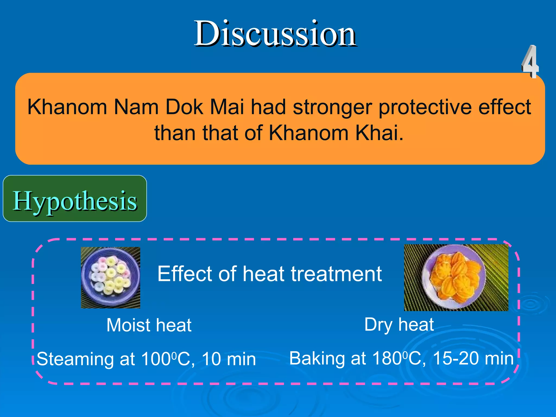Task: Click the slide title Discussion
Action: [x=275, y=34]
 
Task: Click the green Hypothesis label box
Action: [x=75, y=199]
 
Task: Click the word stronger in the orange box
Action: [x=332, y=108]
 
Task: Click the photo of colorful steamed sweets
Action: [x=110, y=277]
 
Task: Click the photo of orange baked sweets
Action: [x=456, y=277]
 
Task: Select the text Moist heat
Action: [x=149, y=325]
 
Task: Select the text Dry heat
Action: [x=399, y=324]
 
